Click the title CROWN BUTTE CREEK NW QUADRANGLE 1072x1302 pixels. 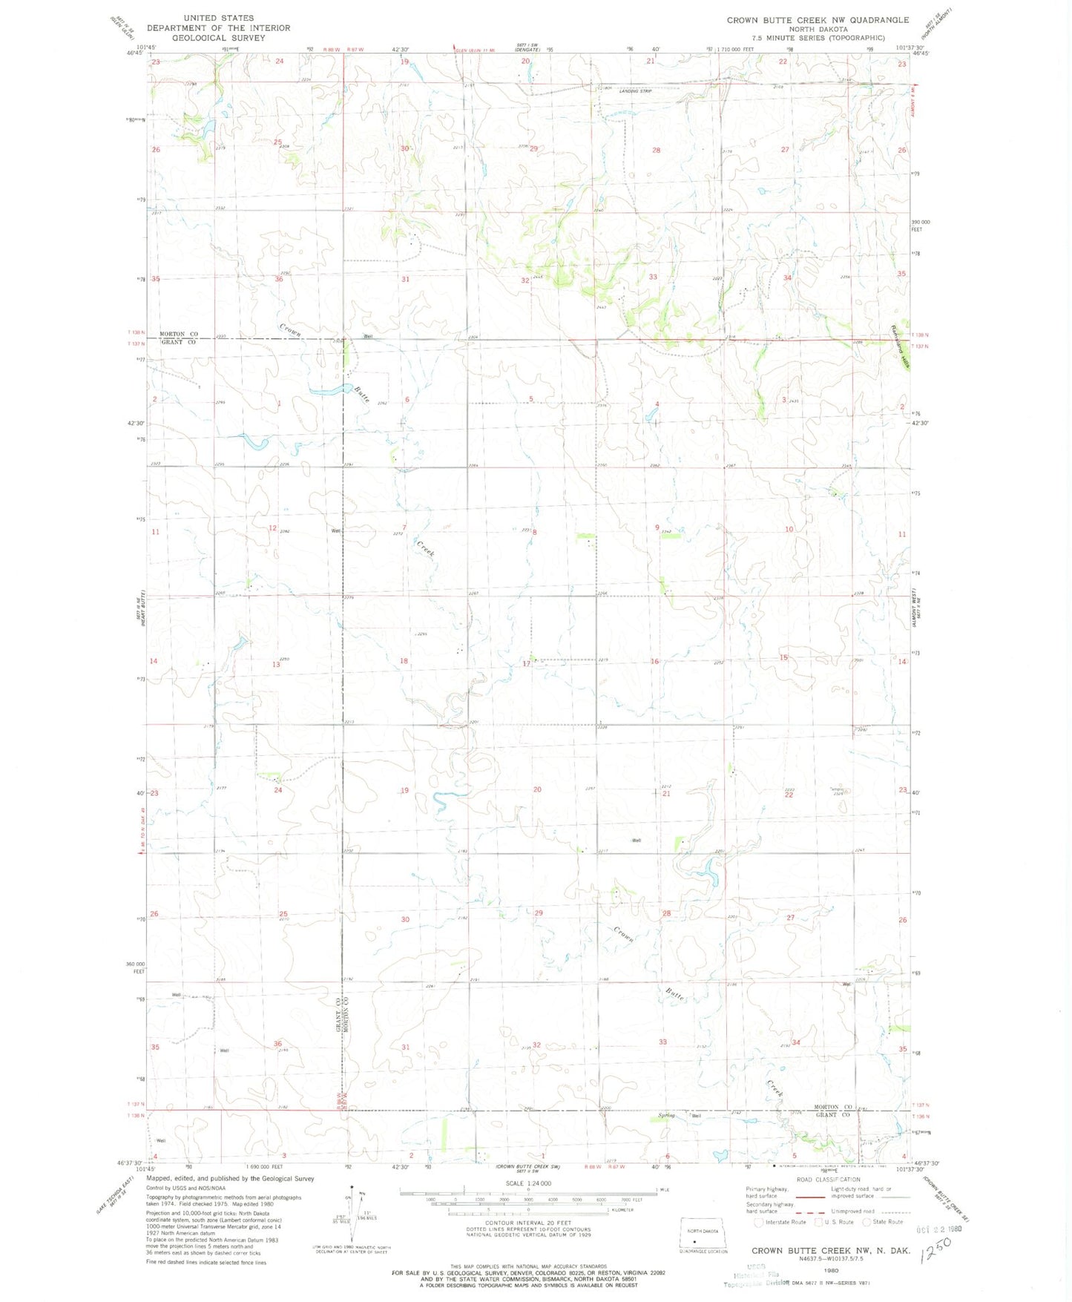coord(818,20)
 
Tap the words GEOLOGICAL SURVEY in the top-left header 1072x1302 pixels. coord(218,38)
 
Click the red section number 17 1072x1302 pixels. coord(526,663)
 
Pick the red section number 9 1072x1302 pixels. coord(657,527)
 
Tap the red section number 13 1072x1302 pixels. coord(276,664)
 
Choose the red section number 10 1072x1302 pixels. coord(789,529)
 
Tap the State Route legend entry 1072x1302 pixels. coord(884,1222)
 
